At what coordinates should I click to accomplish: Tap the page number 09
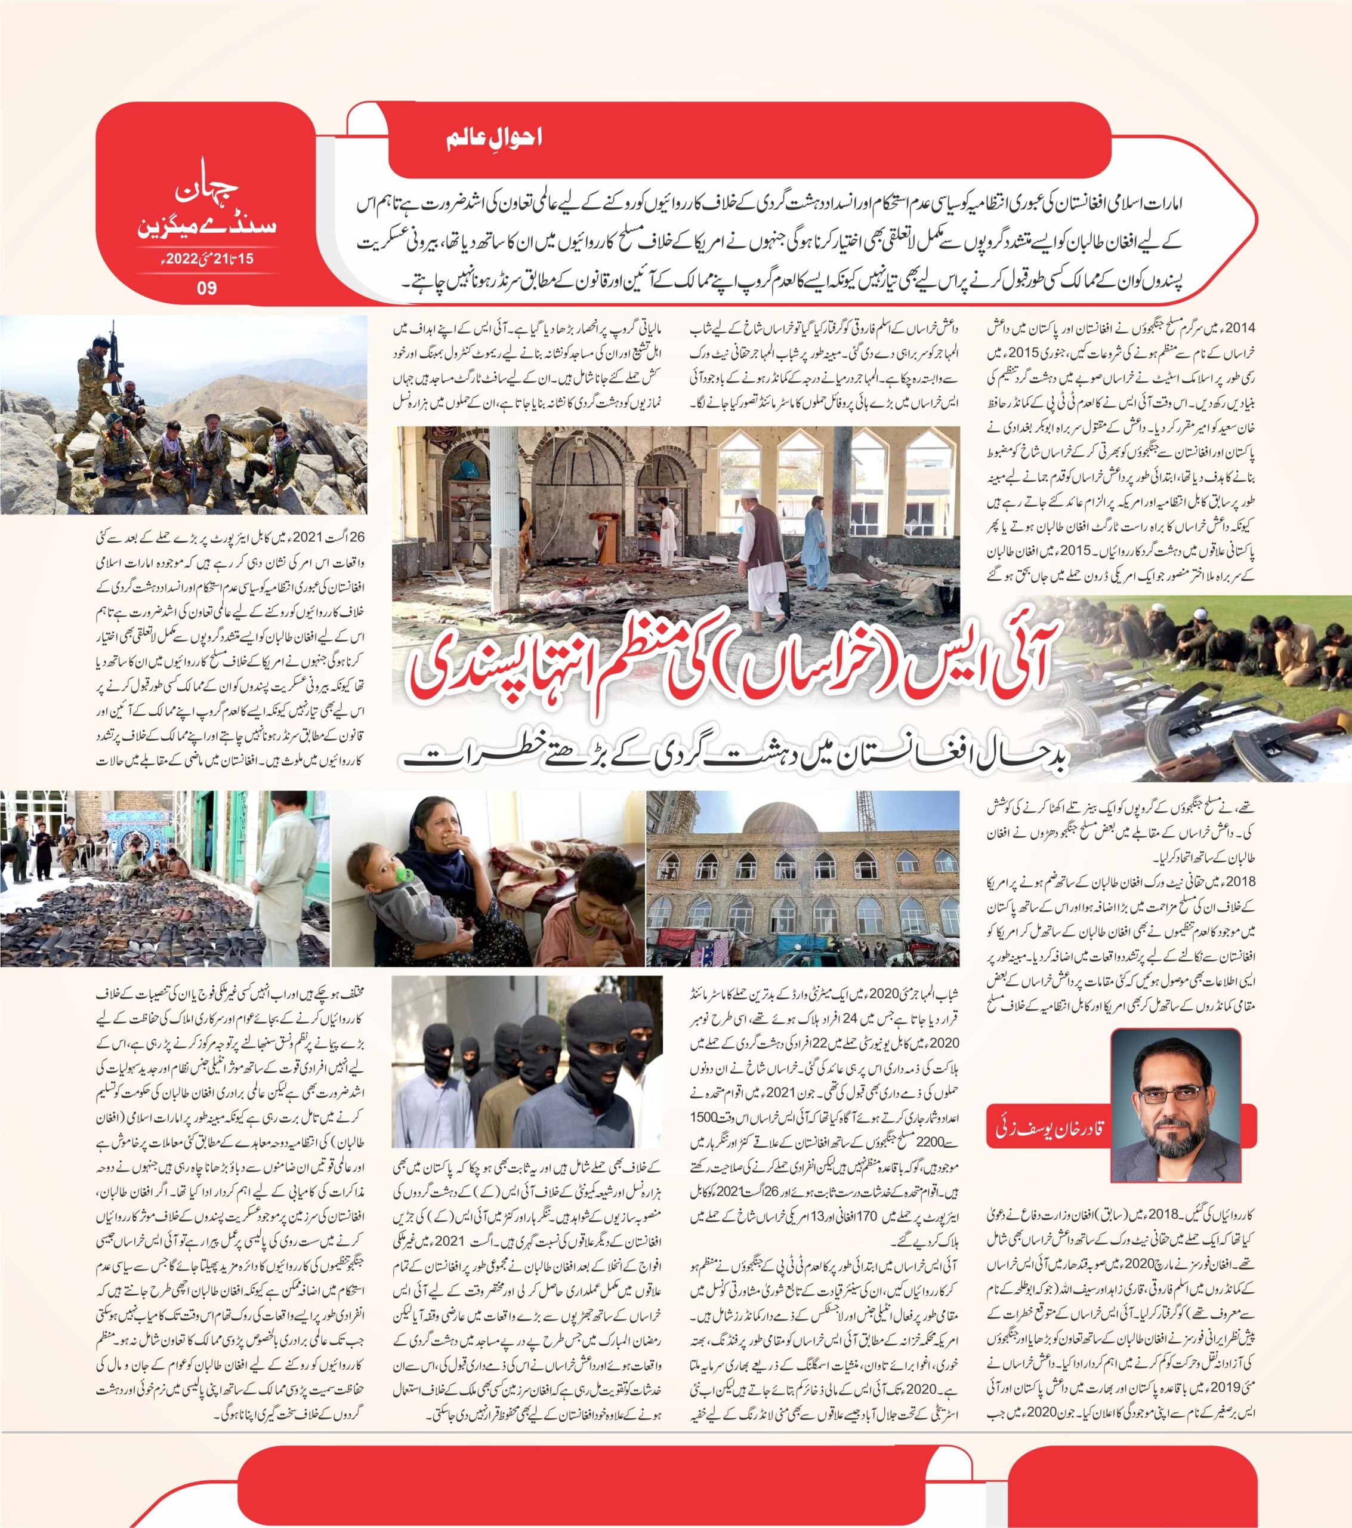click(x=206, y=287)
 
